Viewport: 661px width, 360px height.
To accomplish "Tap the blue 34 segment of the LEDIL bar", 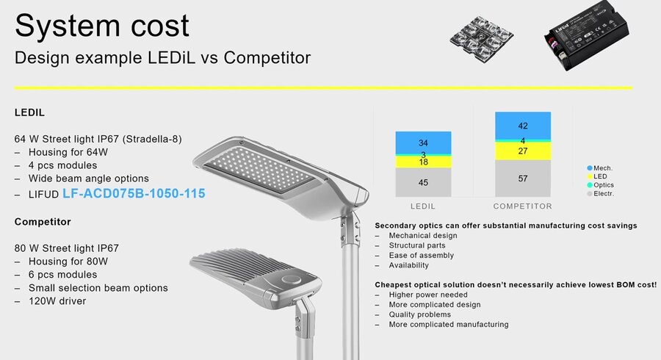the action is (x=423, y=143).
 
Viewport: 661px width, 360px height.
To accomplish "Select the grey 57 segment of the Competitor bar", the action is (x=523, y=179).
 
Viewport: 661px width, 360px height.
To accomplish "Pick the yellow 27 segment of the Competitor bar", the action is (x=523, y=151).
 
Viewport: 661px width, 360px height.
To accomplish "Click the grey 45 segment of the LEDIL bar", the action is (x=423, y=182).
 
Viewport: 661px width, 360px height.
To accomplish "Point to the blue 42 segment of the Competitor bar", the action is (x=523, y=126).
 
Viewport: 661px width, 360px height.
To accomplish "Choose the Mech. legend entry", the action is (x=600, y=168).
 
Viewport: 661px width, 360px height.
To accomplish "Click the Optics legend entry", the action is (x=600, y=185).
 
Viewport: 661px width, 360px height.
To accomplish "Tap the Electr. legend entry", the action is (x=600, y=194).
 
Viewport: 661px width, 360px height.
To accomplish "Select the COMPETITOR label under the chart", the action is (x=523, y=206).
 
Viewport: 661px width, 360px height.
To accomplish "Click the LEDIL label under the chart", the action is (x=423, y=206).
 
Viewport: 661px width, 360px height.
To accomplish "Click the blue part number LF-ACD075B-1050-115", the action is (x=134, y=193).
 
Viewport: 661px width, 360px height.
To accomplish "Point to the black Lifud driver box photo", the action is (x=586, y=35).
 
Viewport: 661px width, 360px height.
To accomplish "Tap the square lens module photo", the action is (x=481, y=37).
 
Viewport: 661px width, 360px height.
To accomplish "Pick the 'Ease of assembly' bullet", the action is (x=421, y=256).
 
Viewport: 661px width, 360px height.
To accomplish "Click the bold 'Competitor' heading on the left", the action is (x=43, y=222).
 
